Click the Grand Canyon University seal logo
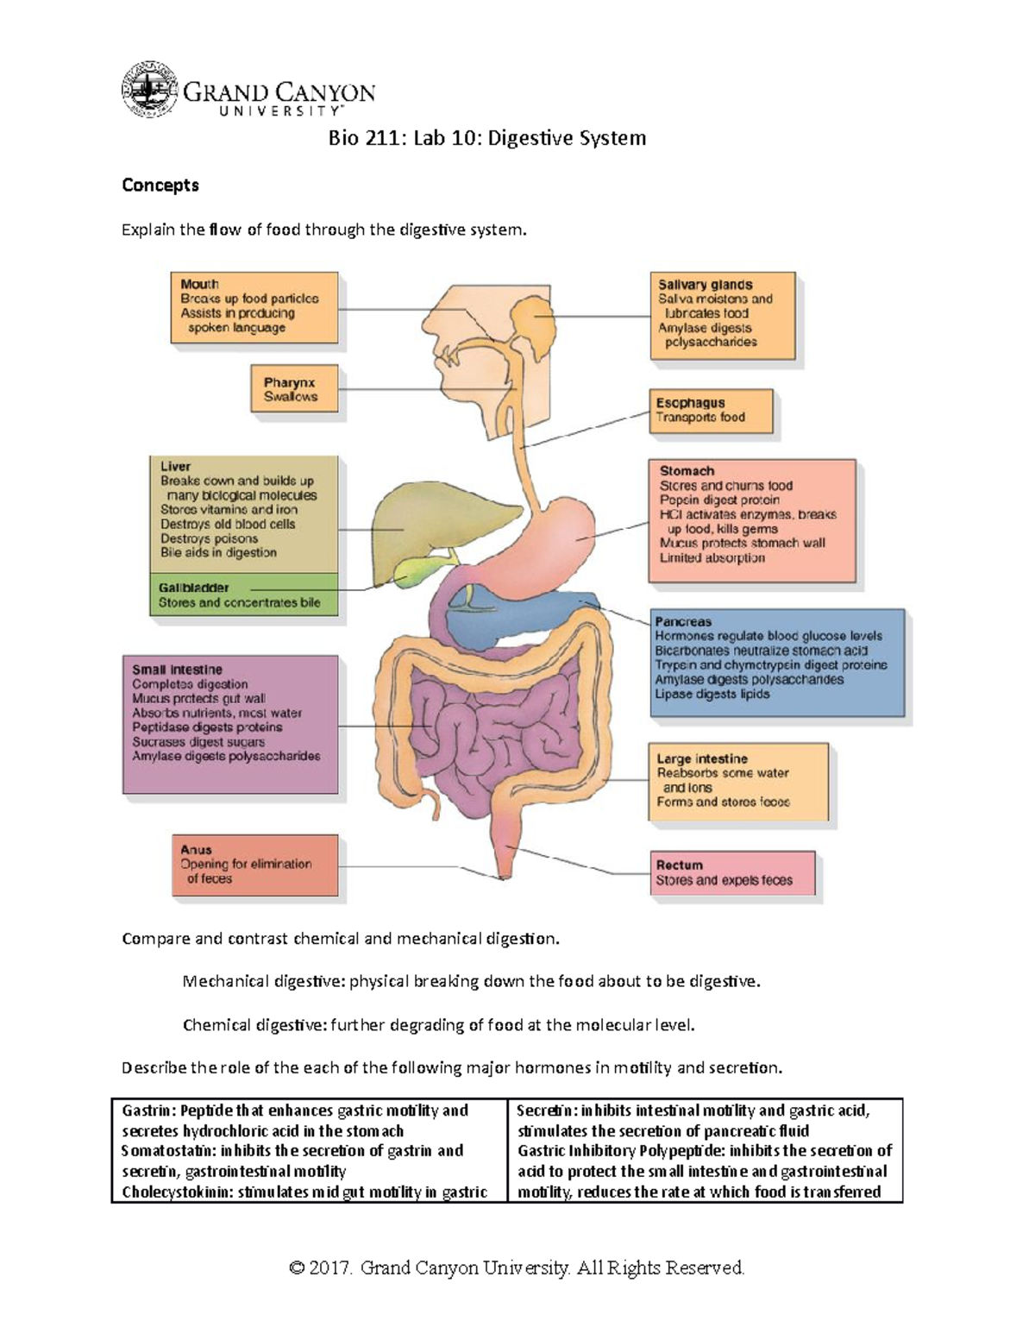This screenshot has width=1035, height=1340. coord(150,91)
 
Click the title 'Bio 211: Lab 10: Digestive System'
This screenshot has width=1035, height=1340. coord(486,138)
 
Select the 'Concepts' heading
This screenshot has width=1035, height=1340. coord(160,186)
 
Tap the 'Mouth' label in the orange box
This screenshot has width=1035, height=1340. coord(199,284)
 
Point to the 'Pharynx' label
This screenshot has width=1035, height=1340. coord(289,382)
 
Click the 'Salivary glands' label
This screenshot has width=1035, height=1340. coord(705,285)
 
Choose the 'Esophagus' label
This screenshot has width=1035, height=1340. coord(690,403)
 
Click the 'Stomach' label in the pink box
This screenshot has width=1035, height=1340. coord(687,471)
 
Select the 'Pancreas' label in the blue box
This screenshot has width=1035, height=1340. coord(683,621)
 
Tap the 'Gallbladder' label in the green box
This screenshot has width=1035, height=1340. coord(193,588)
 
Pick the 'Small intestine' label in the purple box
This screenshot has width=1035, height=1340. coord(177,670)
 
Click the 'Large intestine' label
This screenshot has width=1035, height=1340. coord(702,759)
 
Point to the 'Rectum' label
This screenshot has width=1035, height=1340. coord(680,865)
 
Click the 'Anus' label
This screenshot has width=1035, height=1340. coord(196,850)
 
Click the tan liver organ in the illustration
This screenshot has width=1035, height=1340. coord(405,526)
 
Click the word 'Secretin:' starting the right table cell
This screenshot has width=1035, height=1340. coord(546,1111)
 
